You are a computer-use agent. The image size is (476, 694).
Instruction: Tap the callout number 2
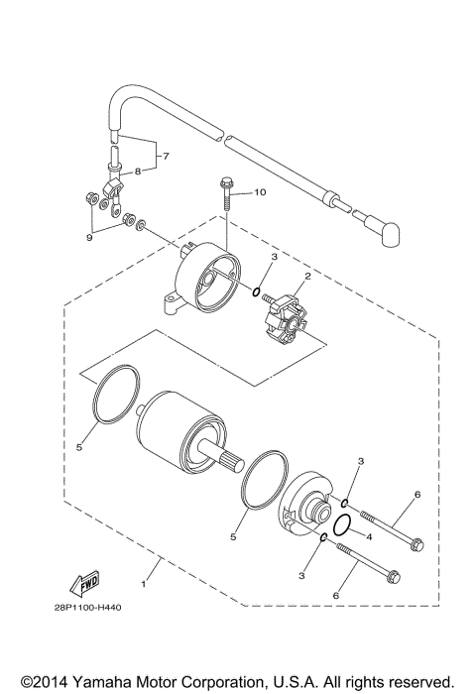point(308,277)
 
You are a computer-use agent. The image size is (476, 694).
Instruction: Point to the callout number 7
point(167,158)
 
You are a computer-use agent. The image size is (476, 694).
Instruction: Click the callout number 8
point(138,171)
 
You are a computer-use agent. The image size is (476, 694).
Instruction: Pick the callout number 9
point(89,238)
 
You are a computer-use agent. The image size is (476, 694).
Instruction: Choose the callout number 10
point(261,191)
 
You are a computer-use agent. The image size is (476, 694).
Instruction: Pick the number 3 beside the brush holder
point(275,258)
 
